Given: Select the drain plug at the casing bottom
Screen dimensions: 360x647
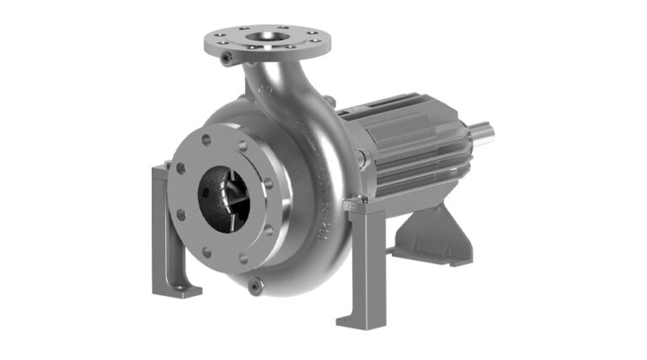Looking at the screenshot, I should click(254, 288).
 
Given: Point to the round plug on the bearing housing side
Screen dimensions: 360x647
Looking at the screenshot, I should click(361, 156).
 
